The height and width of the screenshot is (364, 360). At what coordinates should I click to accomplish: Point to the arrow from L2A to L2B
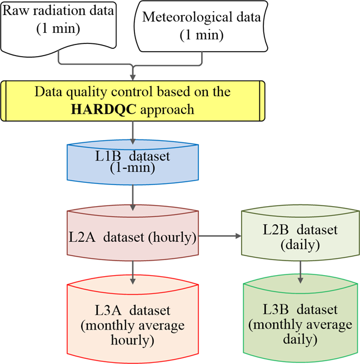click(219, 236)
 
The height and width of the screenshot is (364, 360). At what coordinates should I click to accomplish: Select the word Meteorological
click(184, 17)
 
